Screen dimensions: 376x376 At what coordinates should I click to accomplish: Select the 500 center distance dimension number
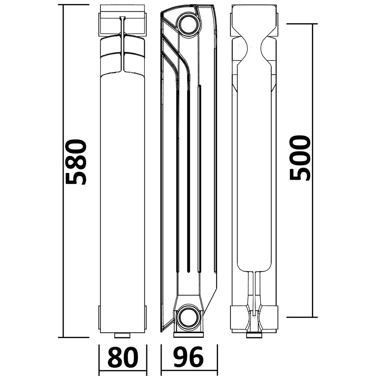[x=300, y=158]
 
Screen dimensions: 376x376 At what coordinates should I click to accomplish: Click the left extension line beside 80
[x=99, y=357]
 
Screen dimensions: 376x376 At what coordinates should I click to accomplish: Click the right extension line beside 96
[x=217, y=357]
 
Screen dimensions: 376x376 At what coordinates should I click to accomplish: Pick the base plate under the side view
[x=188, y=334]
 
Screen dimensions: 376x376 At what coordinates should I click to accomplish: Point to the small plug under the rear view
[x=255, y=335]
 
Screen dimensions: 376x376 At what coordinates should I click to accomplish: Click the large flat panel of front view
[x=122, y=188]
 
